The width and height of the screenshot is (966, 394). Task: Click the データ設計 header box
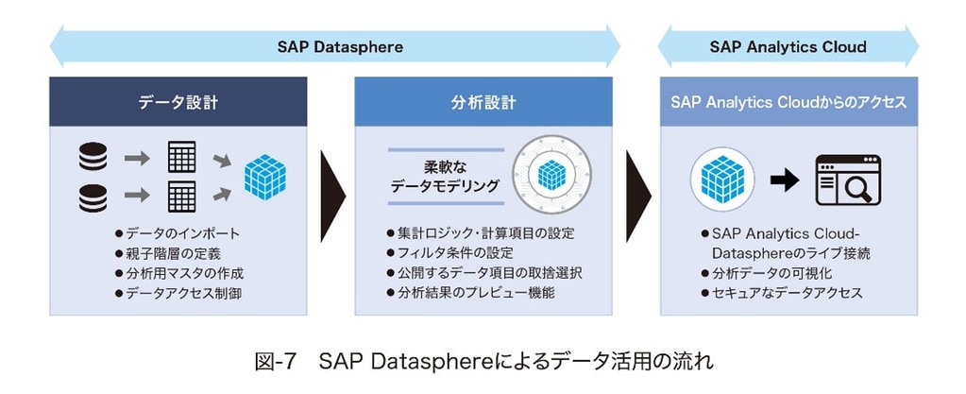click(x=178, y=102)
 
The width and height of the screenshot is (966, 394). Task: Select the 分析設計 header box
click(x=483, y=102)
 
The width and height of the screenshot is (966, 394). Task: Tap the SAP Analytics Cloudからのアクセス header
click(x=788, y=102)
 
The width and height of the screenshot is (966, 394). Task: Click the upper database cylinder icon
click(x=93, y=158)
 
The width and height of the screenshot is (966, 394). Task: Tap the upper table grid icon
click(x=181, y=158)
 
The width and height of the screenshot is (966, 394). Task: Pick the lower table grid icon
click(x=181, y=197)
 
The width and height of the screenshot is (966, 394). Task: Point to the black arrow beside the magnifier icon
click(x=784, y=180)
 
